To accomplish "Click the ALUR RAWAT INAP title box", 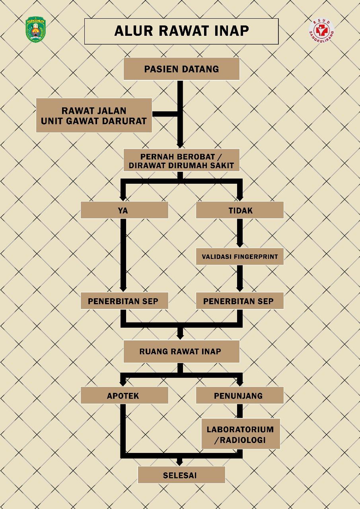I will point(181,31).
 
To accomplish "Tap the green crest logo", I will point(36,30).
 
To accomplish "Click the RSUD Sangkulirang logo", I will point(321,31).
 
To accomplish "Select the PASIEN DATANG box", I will point(181,69).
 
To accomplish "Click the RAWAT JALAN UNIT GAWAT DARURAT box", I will point(94,115).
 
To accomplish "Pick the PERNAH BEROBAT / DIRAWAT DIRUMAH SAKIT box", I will point(181,160).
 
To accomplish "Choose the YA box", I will point(124,210).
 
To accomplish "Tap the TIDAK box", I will point(239,210).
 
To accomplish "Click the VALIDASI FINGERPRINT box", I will point(239,256).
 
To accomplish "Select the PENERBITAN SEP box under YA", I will point(124,301).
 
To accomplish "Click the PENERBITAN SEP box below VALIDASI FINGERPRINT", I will point(239,301).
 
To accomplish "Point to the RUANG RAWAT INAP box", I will point(181,352).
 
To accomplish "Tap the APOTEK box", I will point(124,396).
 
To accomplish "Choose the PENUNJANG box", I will point(239,396).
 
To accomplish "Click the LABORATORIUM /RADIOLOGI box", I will point(240,434).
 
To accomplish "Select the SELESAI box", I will point(181,475).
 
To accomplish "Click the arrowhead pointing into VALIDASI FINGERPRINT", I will point(239,245).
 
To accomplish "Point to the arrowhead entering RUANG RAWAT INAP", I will point(180,336).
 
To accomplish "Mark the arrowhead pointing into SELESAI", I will point(180,462).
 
